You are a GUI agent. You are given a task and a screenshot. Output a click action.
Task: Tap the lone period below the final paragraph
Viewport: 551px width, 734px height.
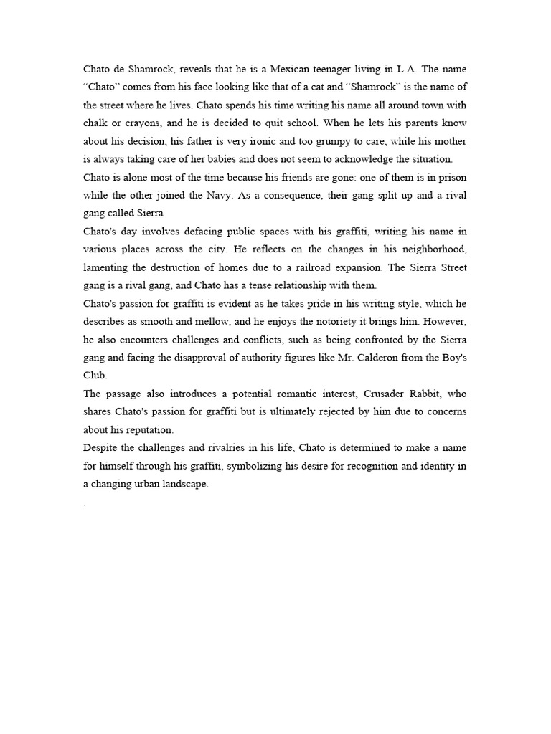pyautogui.click(x=85, y=503)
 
